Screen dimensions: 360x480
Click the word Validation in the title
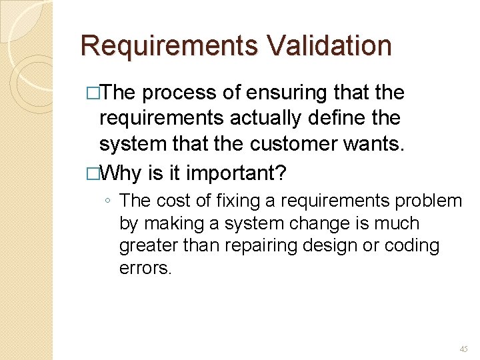[329, 46]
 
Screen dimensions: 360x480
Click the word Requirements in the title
[169, 46]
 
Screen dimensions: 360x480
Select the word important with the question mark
[236, 173]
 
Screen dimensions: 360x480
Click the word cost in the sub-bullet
[174, 200]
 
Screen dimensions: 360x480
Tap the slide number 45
[463, 349]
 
